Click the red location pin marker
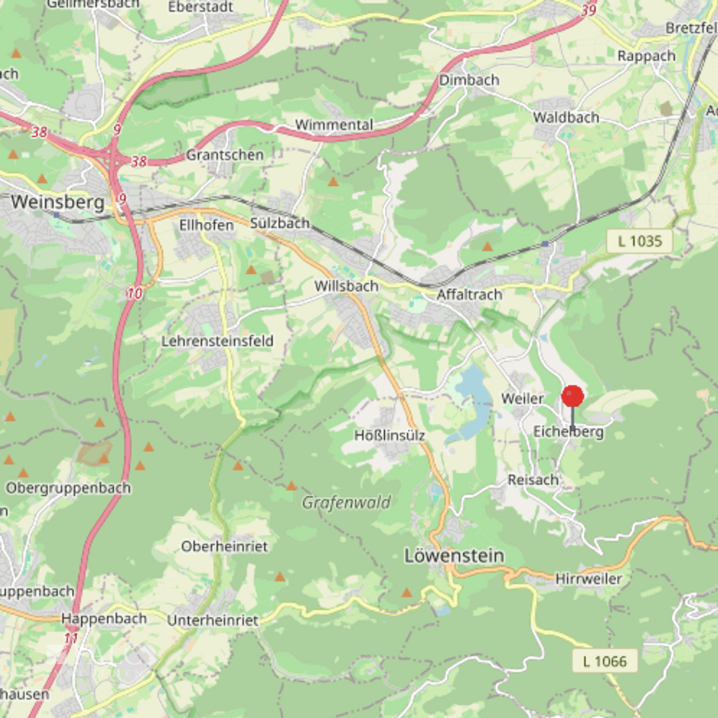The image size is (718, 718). coord(572,397)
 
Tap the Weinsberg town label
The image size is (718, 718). coord(58,202)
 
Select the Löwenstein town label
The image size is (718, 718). coord(454,556)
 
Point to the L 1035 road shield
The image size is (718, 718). coord(639,241)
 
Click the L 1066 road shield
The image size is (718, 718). coord(605,661)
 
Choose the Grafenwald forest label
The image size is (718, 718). coord(346,502)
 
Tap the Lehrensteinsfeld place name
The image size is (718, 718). coord(218,341)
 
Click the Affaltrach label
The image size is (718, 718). coord(469,294)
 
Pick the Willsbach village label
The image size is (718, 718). coord(346,286)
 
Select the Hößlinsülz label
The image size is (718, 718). coord(390,435)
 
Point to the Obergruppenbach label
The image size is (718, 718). coord(68,488)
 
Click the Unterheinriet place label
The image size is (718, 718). coord(212,620)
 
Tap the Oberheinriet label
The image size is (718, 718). coord(224,546)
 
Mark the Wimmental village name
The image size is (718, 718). coord(334,125)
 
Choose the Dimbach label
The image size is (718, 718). coord(469,80)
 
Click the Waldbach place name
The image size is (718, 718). coord(566,117)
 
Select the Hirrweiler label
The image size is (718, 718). coord(589,579)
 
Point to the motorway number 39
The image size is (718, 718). coord(589,10)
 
